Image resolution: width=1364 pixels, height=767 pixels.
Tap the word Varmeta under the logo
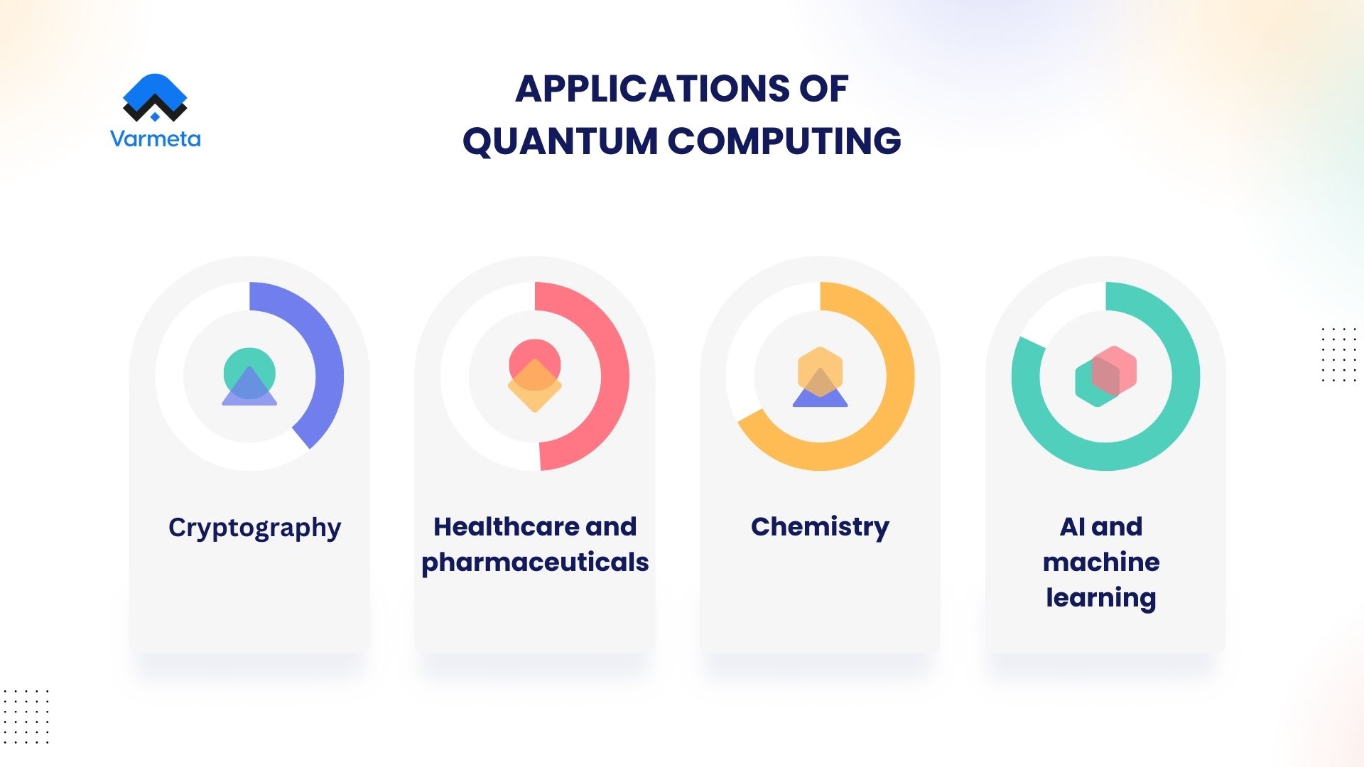[155, 138]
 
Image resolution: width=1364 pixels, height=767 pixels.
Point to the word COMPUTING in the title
[784, 141]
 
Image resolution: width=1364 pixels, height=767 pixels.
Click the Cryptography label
[254, 528]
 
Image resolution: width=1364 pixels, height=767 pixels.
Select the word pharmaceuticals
[535, 562]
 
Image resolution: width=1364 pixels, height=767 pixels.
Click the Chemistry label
[820, 526]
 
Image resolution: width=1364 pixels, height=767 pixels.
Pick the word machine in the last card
[1101, 562]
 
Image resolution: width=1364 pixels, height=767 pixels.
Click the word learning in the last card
[1101, 597]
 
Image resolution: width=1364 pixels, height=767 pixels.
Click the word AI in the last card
[1071, 526]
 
